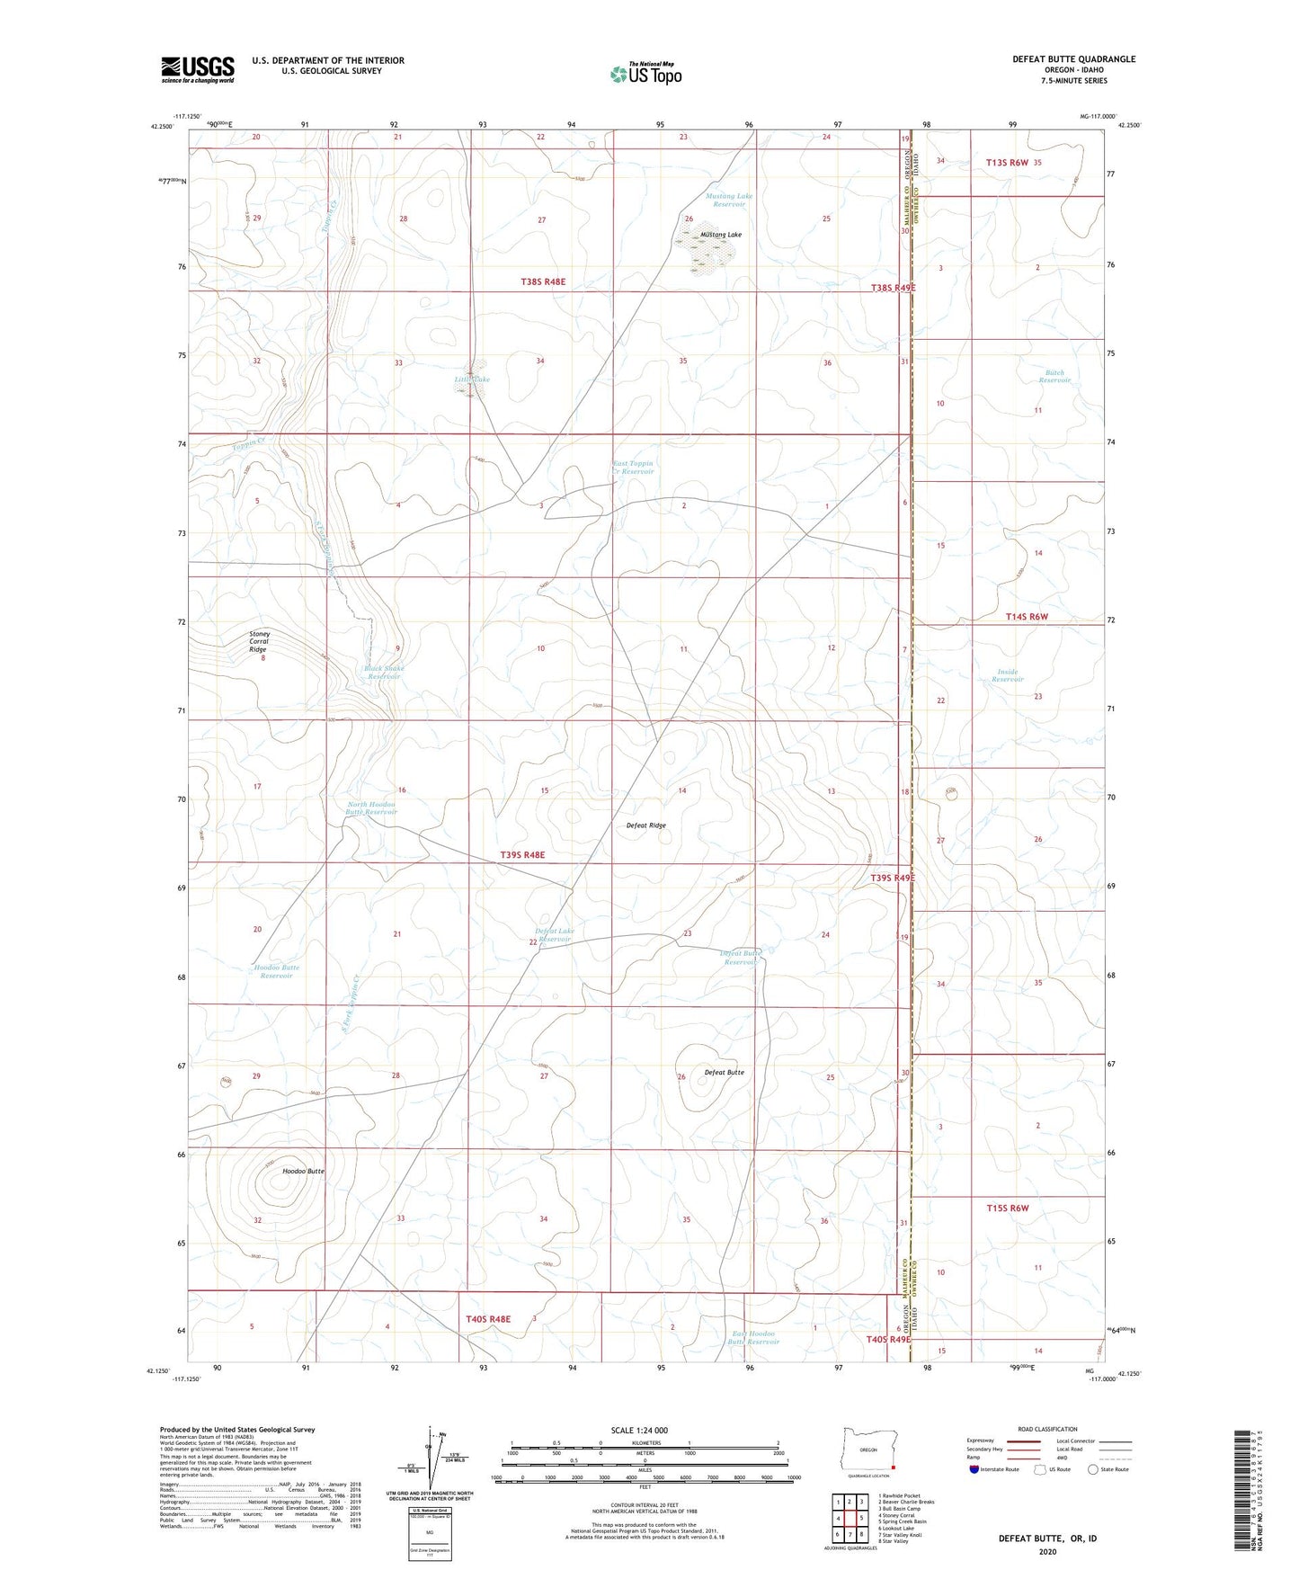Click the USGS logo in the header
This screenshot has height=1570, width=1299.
coord(198,69)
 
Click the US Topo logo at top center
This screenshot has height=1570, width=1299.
coord(645,74)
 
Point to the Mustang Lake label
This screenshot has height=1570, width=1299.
coord(721,235)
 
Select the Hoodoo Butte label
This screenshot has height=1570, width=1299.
coord(303,1172)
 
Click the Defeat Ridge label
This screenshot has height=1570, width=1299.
coord(645,825)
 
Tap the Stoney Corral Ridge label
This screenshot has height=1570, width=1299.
coord(259,641)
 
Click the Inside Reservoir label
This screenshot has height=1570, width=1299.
coord(1008,675)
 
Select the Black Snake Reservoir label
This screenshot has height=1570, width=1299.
coord(383,673)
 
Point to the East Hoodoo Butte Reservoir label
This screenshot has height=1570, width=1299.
coord(753,1337)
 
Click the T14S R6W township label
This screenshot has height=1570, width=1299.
coord(1027,617)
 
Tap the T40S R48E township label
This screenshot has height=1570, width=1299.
coord(488,1319)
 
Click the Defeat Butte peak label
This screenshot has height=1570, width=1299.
coord(724,1072)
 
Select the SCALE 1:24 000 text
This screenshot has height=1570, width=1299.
coord(639,1430)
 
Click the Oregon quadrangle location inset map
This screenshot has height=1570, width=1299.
coord(868,1450)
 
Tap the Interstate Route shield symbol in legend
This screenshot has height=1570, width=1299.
coord(974,1469)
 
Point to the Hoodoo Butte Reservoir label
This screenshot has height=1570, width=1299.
coord(277,971)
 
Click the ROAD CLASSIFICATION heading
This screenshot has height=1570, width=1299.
coord(1047,1429)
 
